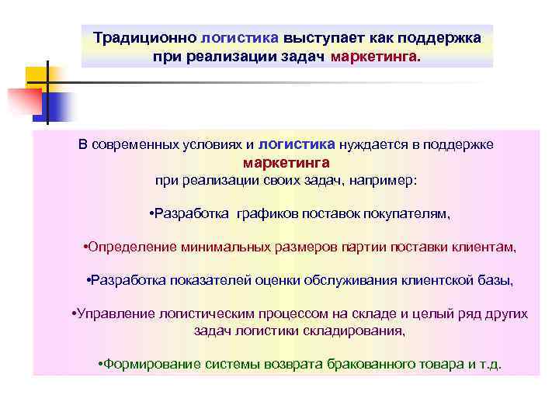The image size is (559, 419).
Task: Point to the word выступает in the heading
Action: (320, 37)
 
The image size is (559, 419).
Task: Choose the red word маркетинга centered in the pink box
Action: (286, 163)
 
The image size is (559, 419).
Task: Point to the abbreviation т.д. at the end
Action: (489, 363)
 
